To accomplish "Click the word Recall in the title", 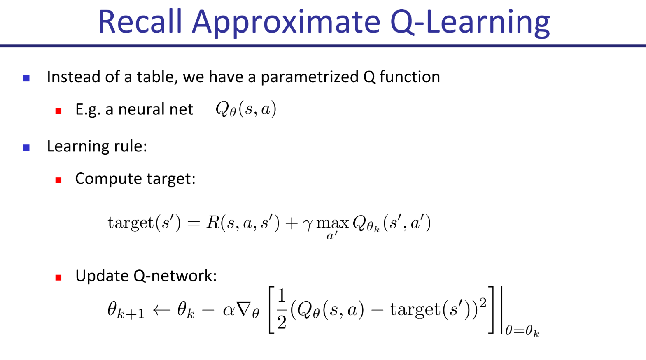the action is coord(140,22).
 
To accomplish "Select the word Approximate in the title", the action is coord(286,23).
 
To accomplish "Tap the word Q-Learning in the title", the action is coord(470,23).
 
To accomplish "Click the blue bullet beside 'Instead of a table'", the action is coord(26,78).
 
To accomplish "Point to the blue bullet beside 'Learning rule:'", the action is coord(26,148).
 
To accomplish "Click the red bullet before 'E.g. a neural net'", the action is coord(58,111).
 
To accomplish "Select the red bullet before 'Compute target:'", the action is coord(58,180).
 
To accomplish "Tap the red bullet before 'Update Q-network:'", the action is coord(58,278).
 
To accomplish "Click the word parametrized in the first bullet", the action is coord(310,78).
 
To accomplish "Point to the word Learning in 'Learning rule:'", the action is coord(78,147).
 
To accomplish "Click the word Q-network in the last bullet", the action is coord(175,276).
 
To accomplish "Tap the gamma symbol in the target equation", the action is coord(308,224).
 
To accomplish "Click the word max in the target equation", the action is coord(333,223).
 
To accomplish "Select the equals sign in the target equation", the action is coord(193,223).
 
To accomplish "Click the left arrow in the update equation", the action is coord(161,310).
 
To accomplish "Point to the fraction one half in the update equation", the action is coord(282,309).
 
